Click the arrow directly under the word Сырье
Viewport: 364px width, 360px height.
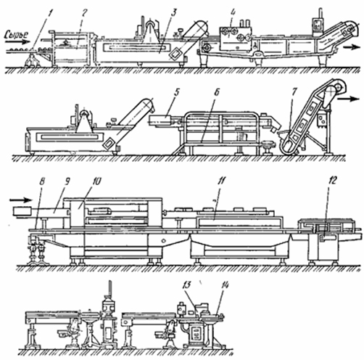pos(17,42)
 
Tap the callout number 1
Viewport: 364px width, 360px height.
pos(50,13)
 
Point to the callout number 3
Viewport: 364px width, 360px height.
pos(174,13)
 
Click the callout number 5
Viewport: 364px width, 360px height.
pos(177,93)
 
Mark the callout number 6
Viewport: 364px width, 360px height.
pos(217,92)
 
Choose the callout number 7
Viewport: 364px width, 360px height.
pos(294,92)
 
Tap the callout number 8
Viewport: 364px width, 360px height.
pos(42,181)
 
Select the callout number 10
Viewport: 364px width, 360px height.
pos(96,181)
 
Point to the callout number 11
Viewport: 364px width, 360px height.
pos(221,181)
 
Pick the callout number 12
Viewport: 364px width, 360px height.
pos(333,181)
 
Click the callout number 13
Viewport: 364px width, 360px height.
pos(186,285)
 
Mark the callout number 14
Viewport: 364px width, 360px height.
pos(224,285)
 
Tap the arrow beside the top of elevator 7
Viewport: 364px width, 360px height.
pos(348,99)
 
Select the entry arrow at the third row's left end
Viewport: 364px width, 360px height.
pos(20,200)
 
